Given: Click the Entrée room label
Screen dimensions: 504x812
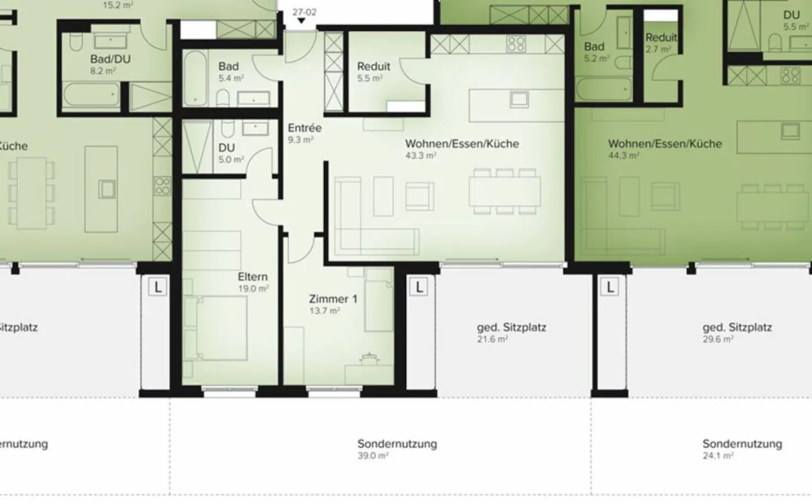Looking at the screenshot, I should pyautogui.click(x=304, y=128).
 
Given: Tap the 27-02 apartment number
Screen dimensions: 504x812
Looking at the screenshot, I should pyautogui.click(x=304, y=12).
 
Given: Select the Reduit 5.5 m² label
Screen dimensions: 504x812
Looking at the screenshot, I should pyautogui.click(x=373, y=67).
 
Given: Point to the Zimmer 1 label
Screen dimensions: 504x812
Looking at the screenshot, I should pyautogui.click(x=333, y=299).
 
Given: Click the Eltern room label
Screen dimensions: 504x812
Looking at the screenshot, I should pyautogui.click(x=252, y=277).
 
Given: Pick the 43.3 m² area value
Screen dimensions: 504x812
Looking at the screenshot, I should pyautogui.click(x=420, y=156).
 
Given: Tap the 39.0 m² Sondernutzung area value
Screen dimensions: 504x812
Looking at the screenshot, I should pyautogui.click(x=373, y=456).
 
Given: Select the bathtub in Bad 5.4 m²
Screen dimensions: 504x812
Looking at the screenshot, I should pyautogui.click(x=196, y=79).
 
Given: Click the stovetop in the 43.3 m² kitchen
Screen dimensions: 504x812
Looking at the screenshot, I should pyautogui.click(x=515, y=44).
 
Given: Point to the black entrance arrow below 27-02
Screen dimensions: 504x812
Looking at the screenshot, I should pyautogui.click(x=302, y=21).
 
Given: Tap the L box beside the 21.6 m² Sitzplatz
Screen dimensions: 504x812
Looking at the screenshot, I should pyautogui.click(x=419, y=287).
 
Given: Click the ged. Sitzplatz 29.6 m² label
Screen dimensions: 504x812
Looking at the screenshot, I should pyautogui.click(x=737, y=327).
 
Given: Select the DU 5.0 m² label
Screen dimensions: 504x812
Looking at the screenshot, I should pyautogui.click(x=227, y=148).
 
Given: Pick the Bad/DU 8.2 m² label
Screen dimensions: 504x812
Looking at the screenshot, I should pyautogui.click(x=111, y=59).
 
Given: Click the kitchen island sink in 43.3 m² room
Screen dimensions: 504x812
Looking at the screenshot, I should pyautogui.click(x=518, y=99).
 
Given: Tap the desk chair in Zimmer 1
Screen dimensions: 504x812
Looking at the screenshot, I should pyautogui.click(x=370, y=357).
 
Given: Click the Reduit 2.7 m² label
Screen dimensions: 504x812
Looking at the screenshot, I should pyautogui.click(x=661, y=38).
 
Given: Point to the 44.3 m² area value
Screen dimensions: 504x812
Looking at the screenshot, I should pyautogui.click(x=623, y=156).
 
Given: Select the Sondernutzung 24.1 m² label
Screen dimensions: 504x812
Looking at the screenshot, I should pyautogui.click(x=742, y=444).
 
